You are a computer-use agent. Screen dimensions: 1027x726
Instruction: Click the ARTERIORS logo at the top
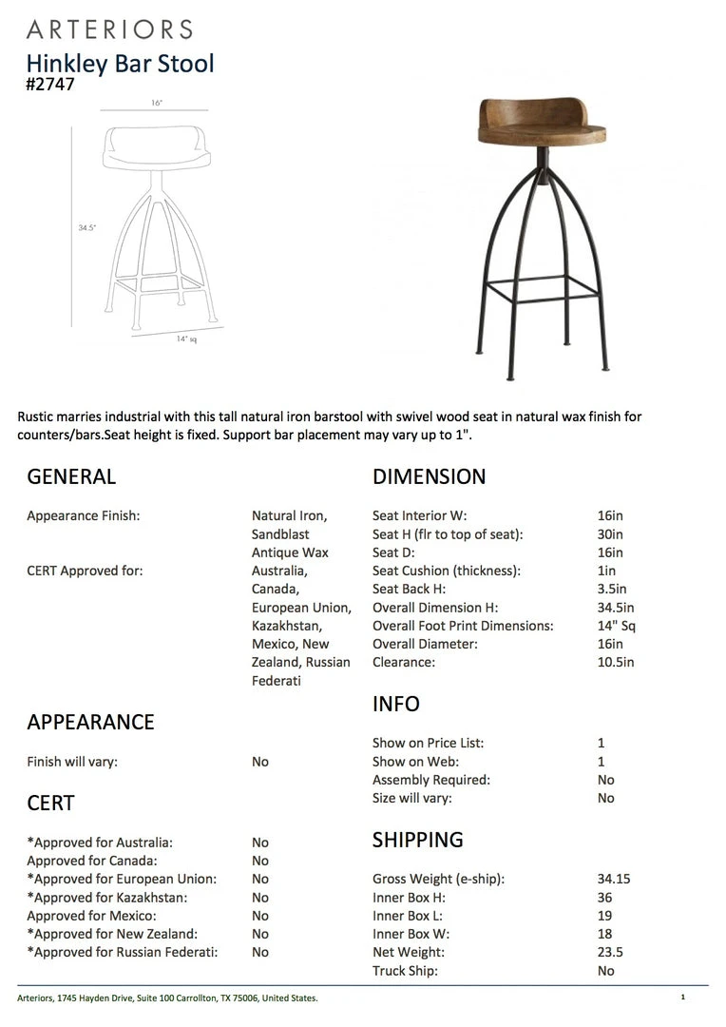pos(110,29)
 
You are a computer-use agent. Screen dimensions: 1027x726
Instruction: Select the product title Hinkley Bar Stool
pos(120,64)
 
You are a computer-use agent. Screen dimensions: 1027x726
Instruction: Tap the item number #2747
pos(50,84)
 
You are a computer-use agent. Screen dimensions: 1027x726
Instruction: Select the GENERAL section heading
pos(71,476)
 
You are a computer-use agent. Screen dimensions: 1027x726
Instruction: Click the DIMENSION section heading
pos(429,476)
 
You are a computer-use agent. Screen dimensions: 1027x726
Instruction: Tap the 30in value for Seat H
pos(610,534)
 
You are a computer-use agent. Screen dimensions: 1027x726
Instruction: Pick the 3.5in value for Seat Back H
pos(612,590)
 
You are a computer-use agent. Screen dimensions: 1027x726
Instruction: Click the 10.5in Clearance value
pos(616,662)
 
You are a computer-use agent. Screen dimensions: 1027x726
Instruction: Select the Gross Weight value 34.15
pos(614,879)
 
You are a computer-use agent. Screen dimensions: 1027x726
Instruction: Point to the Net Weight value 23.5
pos(610,952)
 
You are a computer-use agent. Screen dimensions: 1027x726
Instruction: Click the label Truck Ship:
pos(405,971)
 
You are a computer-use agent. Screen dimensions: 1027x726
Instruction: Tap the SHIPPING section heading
pos(417,840)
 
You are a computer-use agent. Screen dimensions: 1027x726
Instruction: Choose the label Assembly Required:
pos(430,780)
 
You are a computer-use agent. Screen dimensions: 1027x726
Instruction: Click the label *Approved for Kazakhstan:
pos(106,897)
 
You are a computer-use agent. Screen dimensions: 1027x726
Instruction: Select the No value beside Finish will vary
pos(260,762)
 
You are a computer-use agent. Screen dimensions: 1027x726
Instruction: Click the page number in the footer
pos(682,998)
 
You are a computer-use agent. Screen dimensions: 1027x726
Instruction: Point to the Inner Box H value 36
pos(604,897)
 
